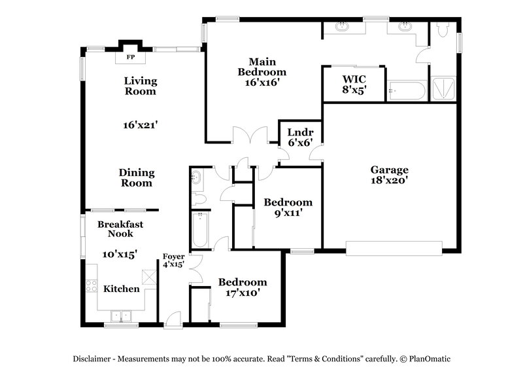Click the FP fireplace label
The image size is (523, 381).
coord(130,58)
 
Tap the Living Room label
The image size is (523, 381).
coord(141,86)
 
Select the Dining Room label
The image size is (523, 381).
coord(136,177)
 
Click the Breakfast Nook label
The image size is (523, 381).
coord(120,228)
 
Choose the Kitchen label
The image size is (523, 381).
coord(122,288)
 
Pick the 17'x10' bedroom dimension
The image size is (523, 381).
coord(243,293)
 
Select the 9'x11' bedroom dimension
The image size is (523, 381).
coord(288,213)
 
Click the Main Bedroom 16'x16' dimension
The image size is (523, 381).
coord(261,82)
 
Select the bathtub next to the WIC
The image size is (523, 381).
coord(406,90)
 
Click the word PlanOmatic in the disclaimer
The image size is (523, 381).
coord(430,359)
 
